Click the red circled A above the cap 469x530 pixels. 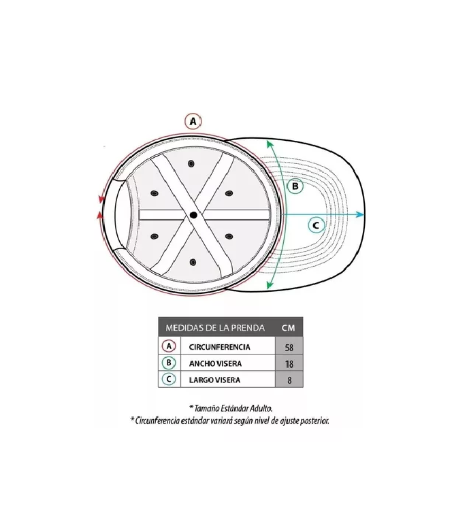pos(193,121)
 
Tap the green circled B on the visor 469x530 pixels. pos(295,186)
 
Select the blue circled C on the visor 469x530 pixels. pos(316,225)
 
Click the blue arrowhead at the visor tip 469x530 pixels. pos(360,214)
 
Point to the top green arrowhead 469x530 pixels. pos(270,145)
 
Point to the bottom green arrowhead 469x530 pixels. pos(269,284)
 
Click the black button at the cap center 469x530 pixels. pos(193,215)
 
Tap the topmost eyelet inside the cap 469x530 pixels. pos(191,164)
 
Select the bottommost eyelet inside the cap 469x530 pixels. pos(193,262)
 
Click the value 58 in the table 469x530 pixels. pos(289,347)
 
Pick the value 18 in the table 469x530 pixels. pos(289,364)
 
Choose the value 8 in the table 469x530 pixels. pos(289,380)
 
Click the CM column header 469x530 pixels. pos(289,327)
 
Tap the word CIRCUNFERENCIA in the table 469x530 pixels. pos(219,347)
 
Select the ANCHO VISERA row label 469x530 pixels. pos(215,364)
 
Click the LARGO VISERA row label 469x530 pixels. pos(214,380)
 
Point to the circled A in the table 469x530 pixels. pos(169,346)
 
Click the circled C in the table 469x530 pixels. pos(169,379)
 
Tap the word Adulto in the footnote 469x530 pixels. pos(261,408)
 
